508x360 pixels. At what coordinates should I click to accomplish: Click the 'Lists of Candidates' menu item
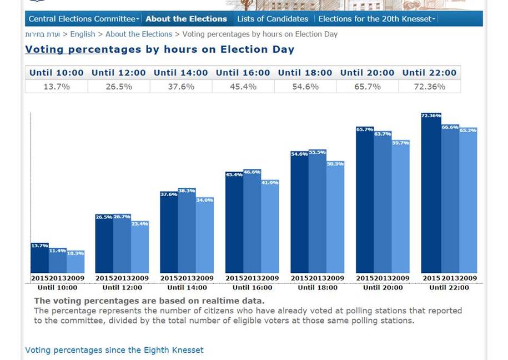(x=272, y=19)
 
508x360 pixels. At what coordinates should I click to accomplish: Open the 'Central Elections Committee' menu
(x=83, y=19)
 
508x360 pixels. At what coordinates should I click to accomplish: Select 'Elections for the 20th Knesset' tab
(x=376, y=19)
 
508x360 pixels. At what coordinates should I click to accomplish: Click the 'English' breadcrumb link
(x=82, y=34)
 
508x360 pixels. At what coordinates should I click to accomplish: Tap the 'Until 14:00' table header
(x=180, y=73)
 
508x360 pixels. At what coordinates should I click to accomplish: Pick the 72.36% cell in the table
(x=429, y=87)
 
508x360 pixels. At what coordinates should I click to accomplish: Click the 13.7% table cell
(x=56, y=87)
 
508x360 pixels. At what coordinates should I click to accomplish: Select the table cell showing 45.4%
(x=243, y=87)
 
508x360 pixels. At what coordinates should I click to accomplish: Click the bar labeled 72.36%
(x=431, y=194)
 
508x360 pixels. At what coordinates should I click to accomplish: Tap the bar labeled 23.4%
(x=140, y=247)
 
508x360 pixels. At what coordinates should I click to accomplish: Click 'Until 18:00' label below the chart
(x=318, y=288)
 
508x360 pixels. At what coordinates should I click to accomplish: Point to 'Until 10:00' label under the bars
(x=57, y=288)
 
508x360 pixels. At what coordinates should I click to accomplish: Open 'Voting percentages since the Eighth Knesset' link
(x=114, y=351)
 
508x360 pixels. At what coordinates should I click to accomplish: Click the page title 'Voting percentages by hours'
(x=159, y=49)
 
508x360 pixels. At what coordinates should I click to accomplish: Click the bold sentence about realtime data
(x=149, y=301)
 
